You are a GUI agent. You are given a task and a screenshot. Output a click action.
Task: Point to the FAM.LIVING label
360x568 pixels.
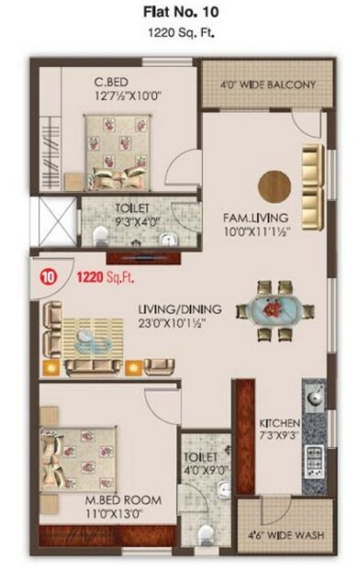256,217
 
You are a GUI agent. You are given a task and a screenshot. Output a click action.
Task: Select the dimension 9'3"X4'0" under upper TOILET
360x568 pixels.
138,220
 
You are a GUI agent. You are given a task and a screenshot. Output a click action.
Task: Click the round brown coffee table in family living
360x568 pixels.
273,182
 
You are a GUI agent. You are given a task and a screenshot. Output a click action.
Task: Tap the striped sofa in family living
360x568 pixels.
312,180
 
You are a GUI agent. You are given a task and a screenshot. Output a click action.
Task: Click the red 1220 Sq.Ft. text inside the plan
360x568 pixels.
95,273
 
